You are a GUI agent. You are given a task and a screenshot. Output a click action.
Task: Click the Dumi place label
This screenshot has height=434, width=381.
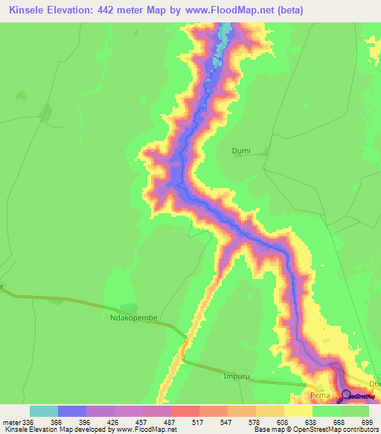(241, 151)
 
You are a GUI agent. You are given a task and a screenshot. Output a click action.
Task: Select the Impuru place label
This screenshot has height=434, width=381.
(235, 377)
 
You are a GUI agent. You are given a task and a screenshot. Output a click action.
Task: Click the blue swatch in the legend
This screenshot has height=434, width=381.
(71, 411)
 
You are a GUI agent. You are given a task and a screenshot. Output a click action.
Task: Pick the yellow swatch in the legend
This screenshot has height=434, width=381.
(298, 411)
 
